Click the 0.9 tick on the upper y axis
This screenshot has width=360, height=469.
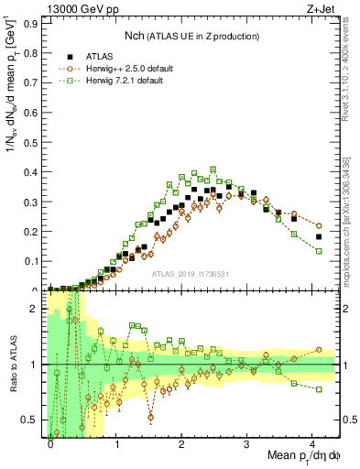click(33, 25)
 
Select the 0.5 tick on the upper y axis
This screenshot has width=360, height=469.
click(33, 143)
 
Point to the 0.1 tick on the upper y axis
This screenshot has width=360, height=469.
click(33, 261)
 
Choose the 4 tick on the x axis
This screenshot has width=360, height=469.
click(312, 442)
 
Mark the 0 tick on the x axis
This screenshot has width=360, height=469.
click(50, 442)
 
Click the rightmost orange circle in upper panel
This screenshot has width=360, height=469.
click(319, 225)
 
